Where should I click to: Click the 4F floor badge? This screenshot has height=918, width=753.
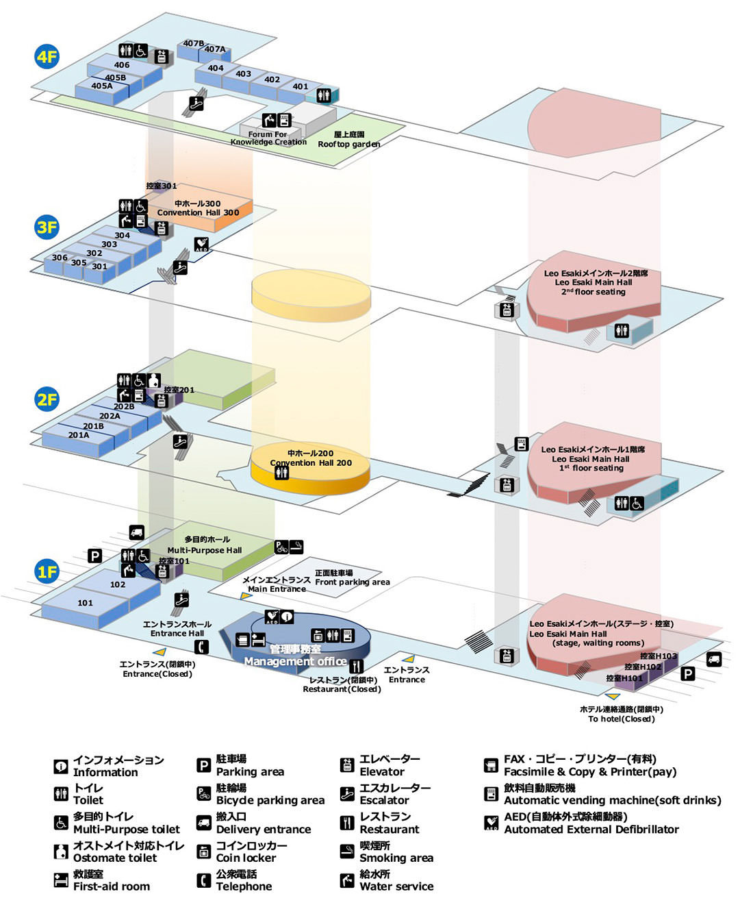point(47,57)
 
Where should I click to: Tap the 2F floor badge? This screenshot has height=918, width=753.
point(47,399)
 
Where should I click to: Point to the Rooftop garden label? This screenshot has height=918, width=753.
point(349,144)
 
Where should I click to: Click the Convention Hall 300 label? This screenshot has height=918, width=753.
point(198,212)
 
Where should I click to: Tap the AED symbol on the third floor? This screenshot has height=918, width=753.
point(201,244)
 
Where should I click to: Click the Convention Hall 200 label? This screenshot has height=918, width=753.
point(311,462)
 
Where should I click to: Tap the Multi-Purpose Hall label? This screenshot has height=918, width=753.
point(205,550)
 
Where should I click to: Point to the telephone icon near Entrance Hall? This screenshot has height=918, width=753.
point(201,647)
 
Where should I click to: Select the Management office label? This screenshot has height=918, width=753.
point(295,662)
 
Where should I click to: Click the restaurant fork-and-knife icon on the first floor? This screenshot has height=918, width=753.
point(356,666)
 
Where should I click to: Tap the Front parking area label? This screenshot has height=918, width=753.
point(353,582)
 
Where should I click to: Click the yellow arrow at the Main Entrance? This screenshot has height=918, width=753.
point(246,595)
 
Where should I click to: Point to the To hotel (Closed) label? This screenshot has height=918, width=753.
point(621,719)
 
